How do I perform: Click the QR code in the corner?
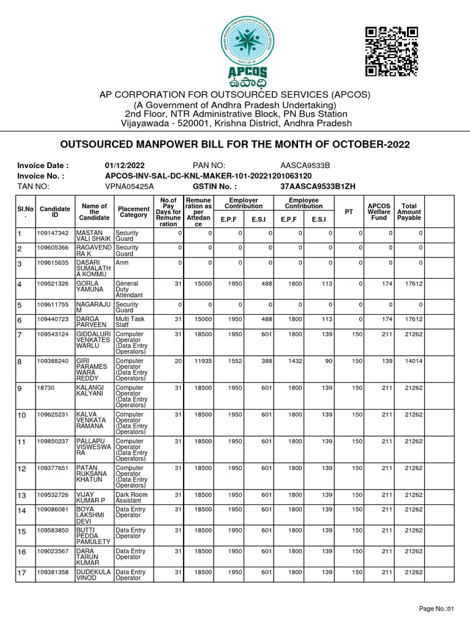(x=391, y=51)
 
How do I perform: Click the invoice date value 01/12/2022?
(x=125, y=166)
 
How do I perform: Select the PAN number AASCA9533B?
(x=305, y=166)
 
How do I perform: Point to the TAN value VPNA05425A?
(x=129, y=186)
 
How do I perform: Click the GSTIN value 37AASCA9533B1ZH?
(x=318, y=186)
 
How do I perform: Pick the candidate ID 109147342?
(x=53, y=234)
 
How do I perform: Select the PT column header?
(x=349, y=212)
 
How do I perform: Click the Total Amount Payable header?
(x=408, y=212)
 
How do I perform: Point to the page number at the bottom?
(x=437, y=609)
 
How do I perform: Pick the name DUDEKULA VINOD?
(x=93, y=574)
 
